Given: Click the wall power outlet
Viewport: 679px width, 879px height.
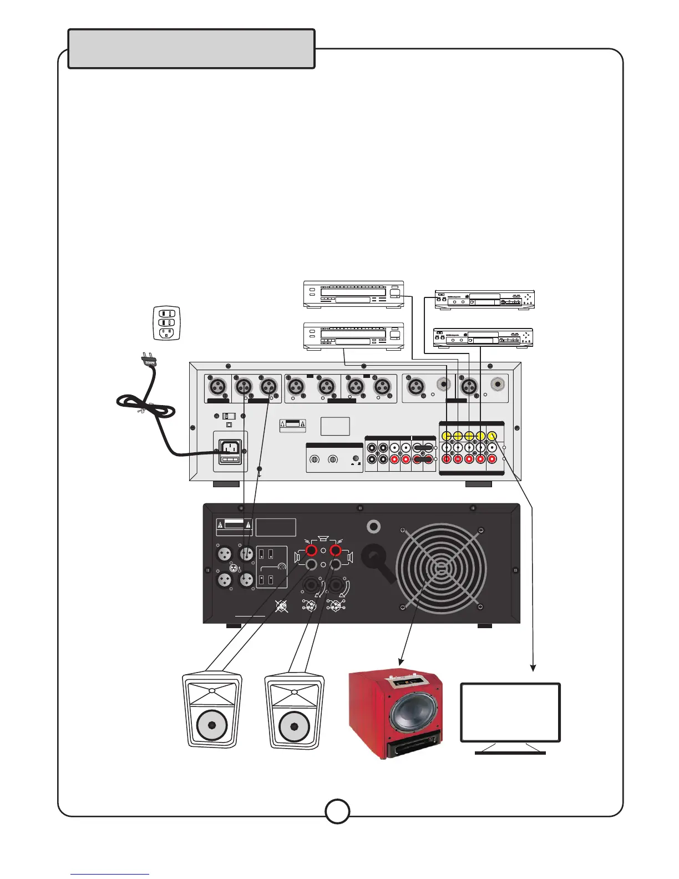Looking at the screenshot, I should tap(166, 322).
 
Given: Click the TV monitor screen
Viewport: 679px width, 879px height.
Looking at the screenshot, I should tap(510, 712).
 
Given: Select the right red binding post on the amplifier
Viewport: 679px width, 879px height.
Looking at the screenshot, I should tap(335, 550).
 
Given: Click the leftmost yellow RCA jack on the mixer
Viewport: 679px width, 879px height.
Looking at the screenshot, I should tap(446, 436).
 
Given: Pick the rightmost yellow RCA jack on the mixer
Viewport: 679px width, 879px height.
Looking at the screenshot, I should tap(492, 436).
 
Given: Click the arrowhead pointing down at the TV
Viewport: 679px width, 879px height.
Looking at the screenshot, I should tap(534, 668).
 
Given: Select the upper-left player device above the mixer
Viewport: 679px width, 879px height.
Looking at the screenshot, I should tap(353, 295).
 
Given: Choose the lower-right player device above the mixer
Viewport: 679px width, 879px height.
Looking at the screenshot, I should tap(483, 338).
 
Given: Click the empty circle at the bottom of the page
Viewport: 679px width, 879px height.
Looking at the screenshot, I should tap(337, 811).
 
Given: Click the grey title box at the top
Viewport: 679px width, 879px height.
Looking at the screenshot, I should tap(191, 49).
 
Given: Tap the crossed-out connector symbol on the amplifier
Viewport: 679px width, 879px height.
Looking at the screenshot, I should tap(282, 607).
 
